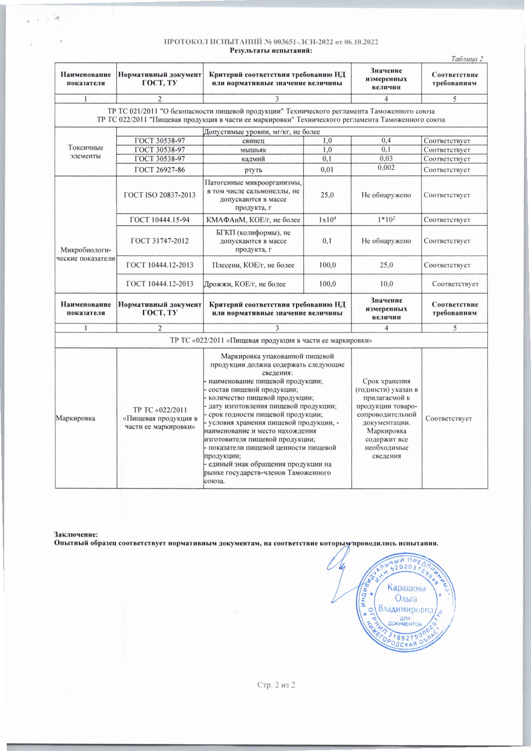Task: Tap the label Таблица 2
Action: pyautogui.click(x=467, y=59)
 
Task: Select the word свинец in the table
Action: pyautogui.click(x=253, y=141)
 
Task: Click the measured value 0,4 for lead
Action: pyautogui.click(x=386, y=141)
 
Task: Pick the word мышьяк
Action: pyautogui.click(x=253, y=150)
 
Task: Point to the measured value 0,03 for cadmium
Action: pyautogui.click(x=386, y=159)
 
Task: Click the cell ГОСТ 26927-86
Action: pyautogui.click(x=159, y=169)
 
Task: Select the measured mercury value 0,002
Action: pyautogui.click(x=386, y=167)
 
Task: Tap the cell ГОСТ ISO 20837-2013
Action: pyautogui.click(x=159, y=195)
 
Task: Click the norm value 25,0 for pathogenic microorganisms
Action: pyautogui.click(x=327, y=195)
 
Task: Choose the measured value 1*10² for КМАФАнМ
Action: pyautogui.click(x=386, y=220)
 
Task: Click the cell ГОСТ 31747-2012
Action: pyautogui.click(x=159, y=241)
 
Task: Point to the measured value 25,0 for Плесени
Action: pyautogui.click(x=386, y=265)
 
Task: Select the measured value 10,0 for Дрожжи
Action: pyautogui.click(x=386, y=284)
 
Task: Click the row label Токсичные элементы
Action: pyautogui.click(x=86, y=152)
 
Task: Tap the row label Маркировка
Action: pyautogui.click(x=75, y=418)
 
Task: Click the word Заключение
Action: pyautogui.click(x=75, y=535)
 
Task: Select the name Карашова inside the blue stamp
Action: pyautogui.click(x=406, y=588)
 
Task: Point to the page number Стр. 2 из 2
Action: pyautogui.click(x=276, y=685)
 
